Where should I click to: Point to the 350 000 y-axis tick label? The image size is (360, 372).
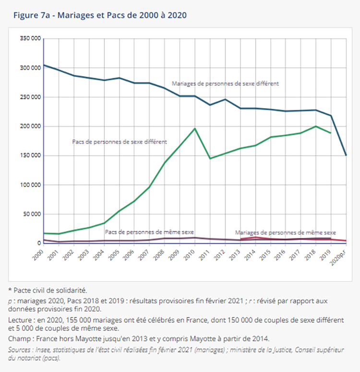point(30,38)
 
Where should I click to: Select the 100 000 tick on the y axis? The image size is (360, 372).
point(30,185)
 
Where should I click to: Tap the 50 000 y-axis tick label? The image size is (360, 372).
point(31,214)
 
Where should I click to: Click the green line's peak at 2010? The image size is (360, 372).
point(195,128)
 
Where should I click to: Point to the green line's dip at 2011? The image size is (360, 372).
point(210,158)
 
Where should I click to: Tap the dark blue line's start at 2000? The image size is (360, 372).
point(44,65)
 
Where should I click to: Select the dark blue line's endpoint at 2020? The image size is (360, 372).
point(346,155)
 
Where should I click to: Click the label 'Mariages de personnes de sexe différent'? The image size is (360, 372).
point(225,83)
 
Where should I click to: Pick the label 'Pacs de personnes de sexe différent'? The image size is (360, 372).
point(120,142)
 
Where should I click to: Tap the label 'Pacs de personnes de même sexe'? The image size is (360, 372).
point(149,232)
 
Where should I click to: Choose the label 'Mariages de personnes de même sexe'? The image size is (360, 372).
point(285,232)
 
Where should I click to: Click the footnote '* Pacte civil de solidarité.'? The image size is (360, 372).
point(47,290)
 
